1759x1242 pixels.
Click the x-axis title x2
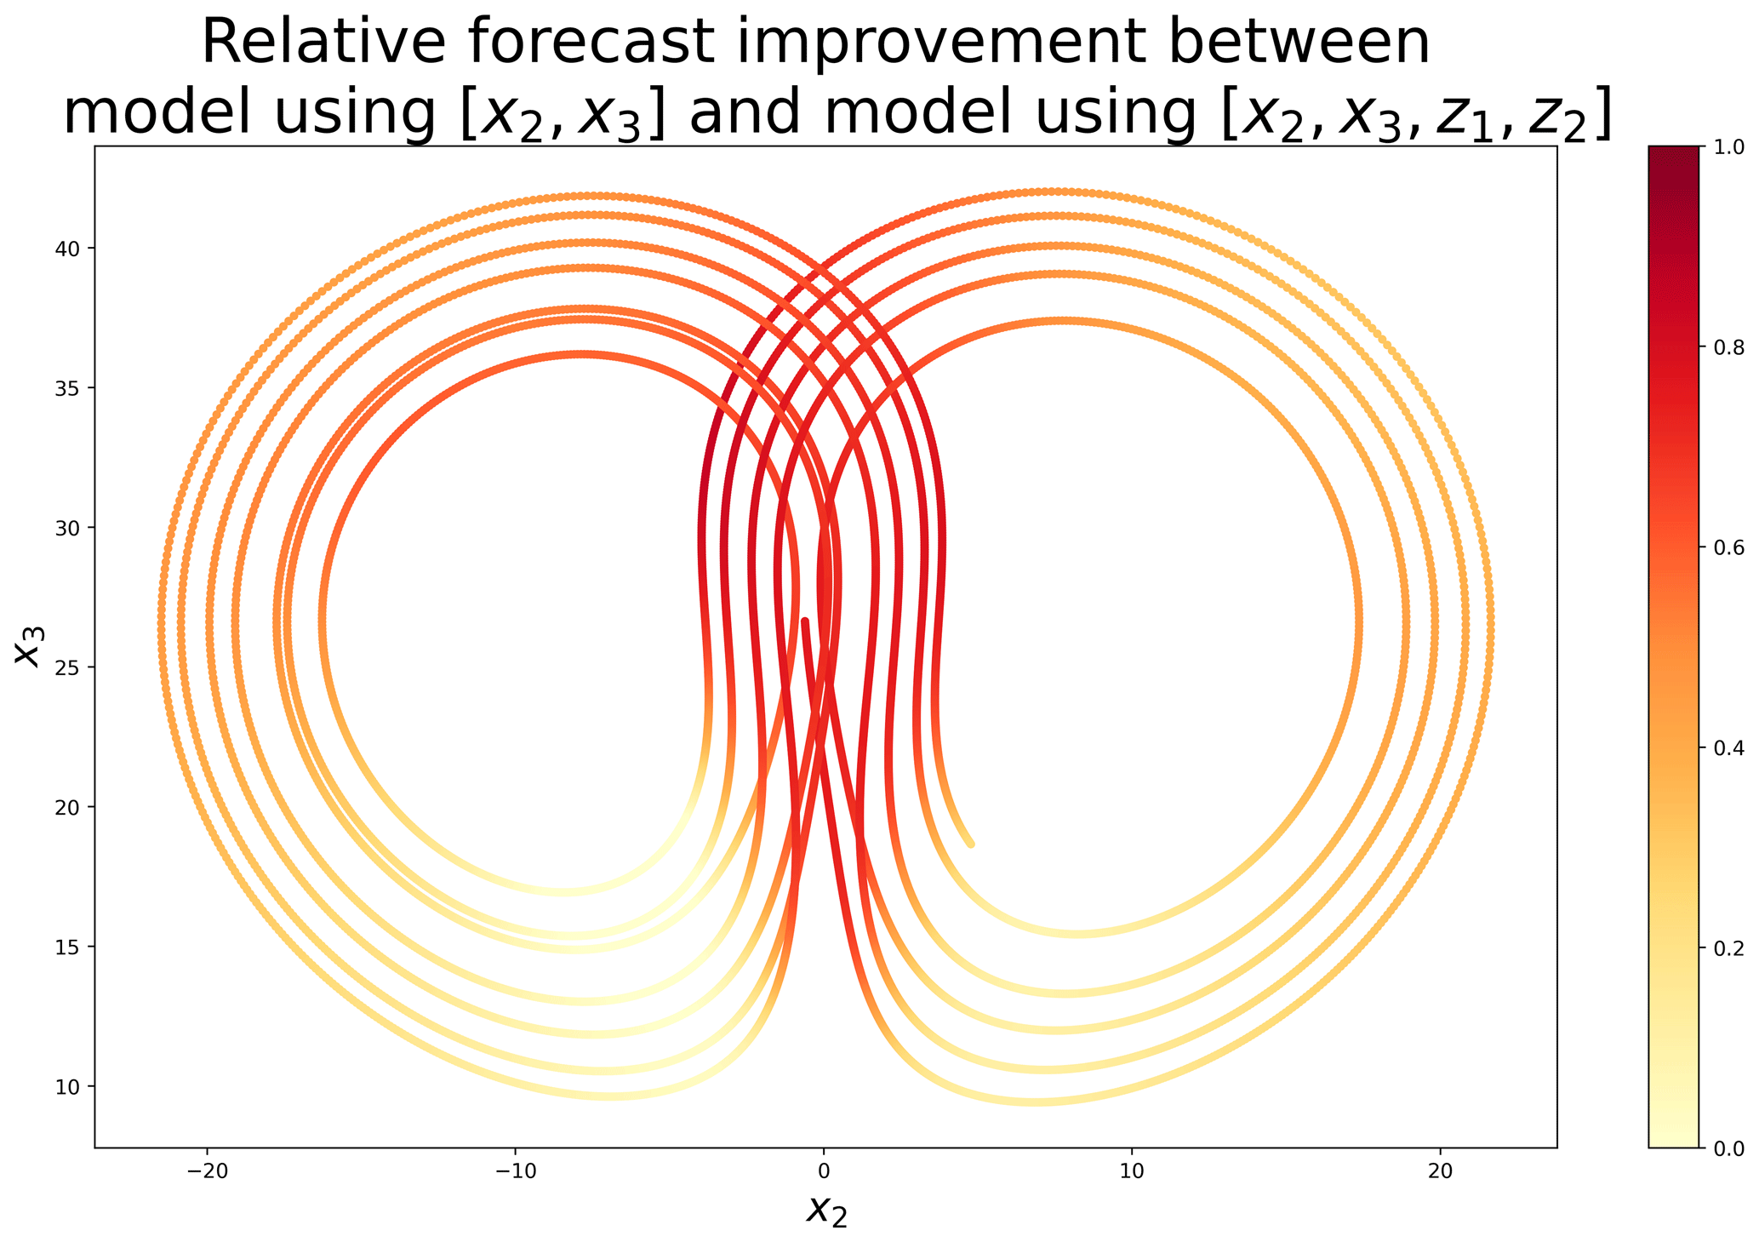pyautogui.click(x=825, y=1210)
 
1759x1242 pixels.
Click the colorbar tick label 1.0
pyautogui.click(x=1727, y=147)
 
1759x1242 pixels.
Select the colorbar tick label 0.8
pyautogui.click(x=1727, y=347)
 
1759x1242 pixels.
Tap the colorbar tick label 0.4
pyautogui.click(x=1727, y=747)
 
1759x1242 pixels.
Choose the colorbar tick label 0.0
pyautogui.click(x=1727, y=1148)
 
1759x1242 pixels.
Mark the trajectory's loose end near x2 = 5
pyautogui.click(x=971, y=844)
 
